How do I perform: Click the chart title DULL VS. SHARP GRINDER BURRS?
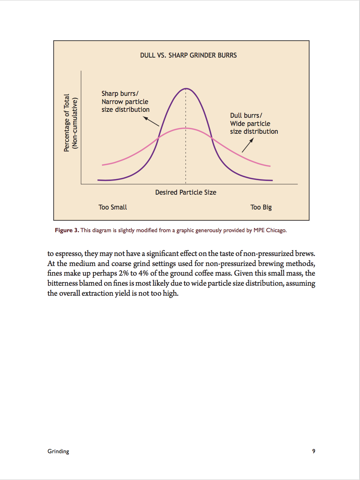(x=188, y=55)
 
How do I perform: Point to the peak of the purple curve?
(x=186, y=89)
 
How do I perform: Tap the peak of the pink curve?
(x=186, y=128)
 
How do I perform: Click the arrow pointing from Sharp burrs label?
(x=151, y=121)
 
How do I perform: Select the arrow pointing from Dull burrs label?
(x=248, y=145)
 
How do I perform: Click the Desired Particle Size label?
(x=186, y=192)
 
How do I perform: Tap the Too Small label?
(x=113, y=207)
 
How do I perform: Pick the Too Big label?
(x=261, y=207)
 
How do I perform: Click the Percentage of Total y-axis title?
(x=67, y=123)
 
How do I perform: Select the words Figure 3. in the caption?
(x=67, y=230)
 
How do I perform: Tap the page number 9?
(x=314, y=451)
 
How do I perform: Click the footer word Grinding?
(x=58, y=451)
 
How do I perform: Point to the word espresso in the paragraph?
(x=68, y=254)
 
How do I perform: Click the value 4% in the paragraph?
(x=144, y=273)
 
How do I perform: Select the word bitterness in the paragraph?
(x=62, y=283)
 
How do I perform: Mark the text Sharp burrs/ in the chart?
(x=120, y=94)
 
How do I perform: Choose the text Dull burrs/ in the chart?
(x=246, y=116)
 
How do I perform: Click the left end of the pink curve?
(x=103, y=165)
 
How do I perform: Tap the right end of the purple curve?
(x=272, y=180)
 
